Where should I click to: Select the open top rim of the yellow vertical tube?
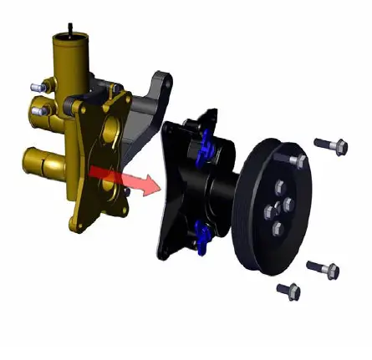tap(72, 38)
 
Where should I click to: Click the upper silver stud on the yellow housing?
tap(36, 86)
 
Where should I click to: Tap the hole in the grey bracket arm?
tap(159, 83)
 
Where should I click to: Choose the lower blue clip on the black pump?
tap(201, 236)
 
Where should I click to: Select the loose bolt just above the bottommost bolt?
tap(323, 269)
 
